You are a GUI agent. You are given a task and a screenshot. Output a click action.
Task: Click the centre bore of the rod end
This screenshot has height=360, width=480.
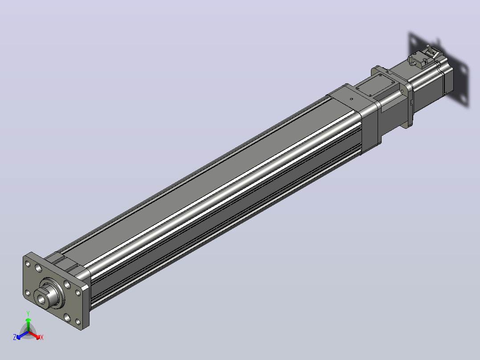(41, 298)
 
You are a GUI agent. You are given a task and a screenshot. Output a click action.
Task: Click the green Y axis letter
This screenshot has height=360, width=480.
(28, 313)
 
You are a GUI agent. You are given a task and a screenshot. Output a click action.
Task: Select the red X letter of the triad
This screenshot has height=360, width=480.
(42, 337)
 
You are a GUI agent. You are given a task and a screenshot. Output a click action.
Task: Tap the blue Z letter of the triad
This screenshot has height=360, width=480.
(15, 337)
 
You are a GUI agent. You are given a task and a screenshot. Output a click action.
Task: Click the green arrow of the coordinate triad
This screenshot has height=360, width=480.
(28, 325)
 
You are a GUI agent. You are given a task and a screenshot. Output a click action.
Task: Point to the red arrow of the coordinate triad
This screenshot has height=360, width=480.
(34, 335)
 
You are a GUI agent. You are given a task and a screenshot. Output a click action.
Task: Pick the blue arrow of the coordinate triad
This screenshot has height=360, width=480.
(23, 335)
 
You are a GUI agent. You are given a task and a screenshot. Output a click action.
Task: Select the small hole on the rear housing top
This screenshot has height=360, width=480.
(351, 99)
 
